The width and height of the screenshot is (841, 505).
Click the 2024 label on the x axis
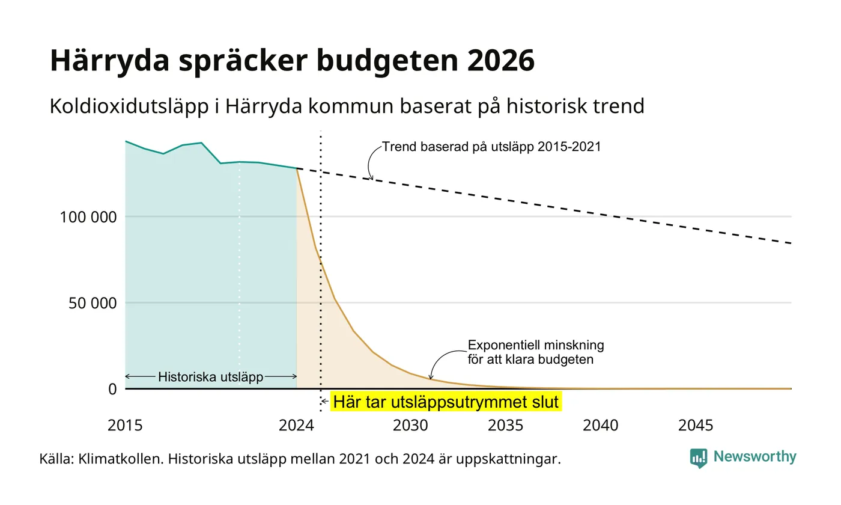[x=296, y=425]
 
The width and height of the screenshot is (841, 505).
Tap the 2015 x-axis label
[x=125, y=425]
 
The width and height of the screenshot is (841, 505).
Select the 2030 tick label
[x=410, y=425]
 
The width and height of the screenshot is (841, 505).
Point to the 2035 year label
[x=505, y=425]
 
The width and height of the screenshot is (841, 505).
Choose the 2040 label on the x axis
[x=600, y=425]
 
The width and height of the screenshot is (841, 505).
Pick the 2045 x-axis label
[x=696, y=425]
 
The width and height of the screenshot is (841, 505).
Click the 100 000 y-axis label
[x=88, y=217]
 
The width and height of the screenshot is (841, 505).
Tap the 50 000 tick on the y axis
[x=93, y=303]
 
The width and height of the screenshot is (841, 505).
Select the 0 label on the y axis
[x=113, y=390]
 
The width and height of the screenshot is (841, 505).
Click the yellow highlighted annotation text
[x=446, y=402]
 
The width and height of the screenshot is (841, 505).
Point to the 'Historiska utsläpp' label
[x=211, y=376]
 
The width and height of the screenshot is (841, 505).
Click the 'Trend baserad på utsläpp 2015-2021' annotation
[x=491, y=147]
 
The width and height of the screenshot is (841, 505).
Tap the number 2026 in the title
[x=500, y=60]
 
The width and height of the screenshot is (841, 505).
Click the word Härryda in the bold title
[x=109, y=61]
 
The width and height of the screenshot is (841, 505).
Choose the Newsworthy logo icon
[x=698, y=458]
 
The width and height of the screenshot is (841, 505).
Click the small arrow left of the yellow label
[x=325, y=402]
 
